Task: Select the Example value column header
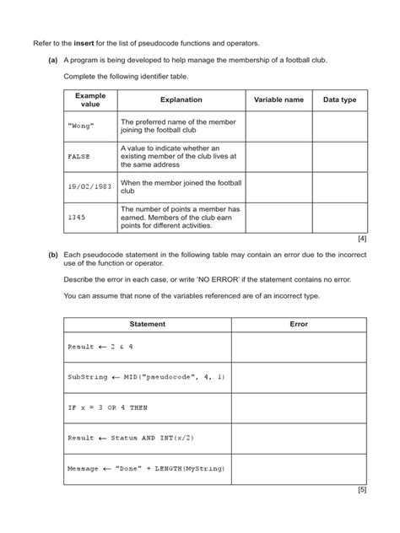pyautogui.click(x=90, y=100)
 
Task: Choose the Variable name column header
pyautogui.click(x=278, y=100)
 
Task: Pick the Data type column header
pyautogui.click(x=339, y=100)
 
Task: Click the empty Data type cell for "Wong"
pyautogui.click(x=339, y=126)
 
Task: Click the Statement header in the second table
pyautogui.click(x=147, y=324)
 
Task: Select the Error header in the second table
pyautogui.click(x=299, y=324)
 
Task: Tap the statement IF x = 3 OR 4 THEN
pyautogui.click(x=107, y=406)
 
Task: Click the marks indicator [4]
pyautogui.click(x=361, y=239)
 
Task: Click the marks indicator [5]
pyautogui.click(x=361, y=488)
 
